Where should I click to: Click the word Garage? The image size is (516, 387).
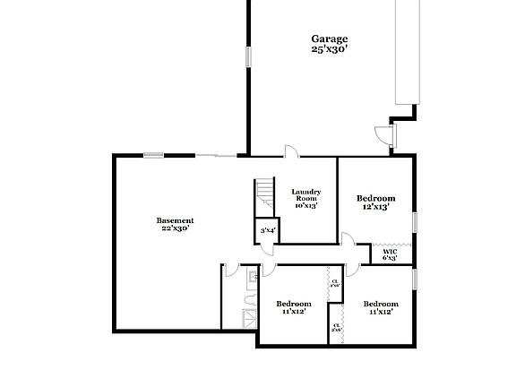coord(330,39)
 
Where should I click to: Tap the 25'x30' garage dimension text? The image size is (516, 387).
coord(330,49)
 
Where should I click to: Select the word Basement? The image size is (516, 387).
coord(175,220)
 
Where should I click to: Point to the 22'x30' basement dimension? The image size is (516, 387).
coord(175,229)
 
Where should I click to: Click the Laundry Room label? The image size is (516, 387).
coord(306,194)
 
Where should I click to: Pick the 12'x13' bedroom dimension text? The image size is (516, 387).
coord(376,207)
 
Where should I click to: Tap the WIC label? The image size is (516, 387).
coord(390,251)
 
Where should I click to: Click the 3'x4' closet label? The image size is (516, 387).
coord(267,231)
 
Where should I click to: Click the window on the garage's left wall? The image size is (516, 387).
coord(248,53)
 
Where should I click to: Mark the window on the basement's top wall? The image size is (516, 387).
coord(154,155)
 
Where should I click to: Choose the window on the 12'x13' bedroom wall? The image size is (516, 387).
coord(415,220)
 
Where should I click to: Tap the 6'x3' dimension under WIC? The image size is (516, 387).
coord(390,259)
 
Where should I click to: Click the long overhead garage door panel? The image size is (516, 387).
coord(408,54)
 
